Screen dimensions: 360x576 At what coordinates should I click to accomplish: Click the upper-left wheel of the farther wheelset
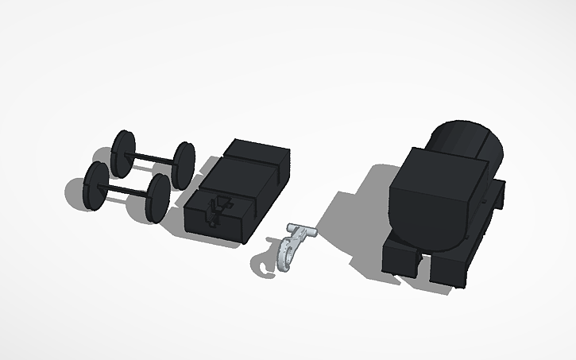click(x=124, y=153)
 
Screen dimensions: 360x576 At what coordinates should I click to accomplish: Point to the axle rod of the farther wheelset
click(x=154, y=157)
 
